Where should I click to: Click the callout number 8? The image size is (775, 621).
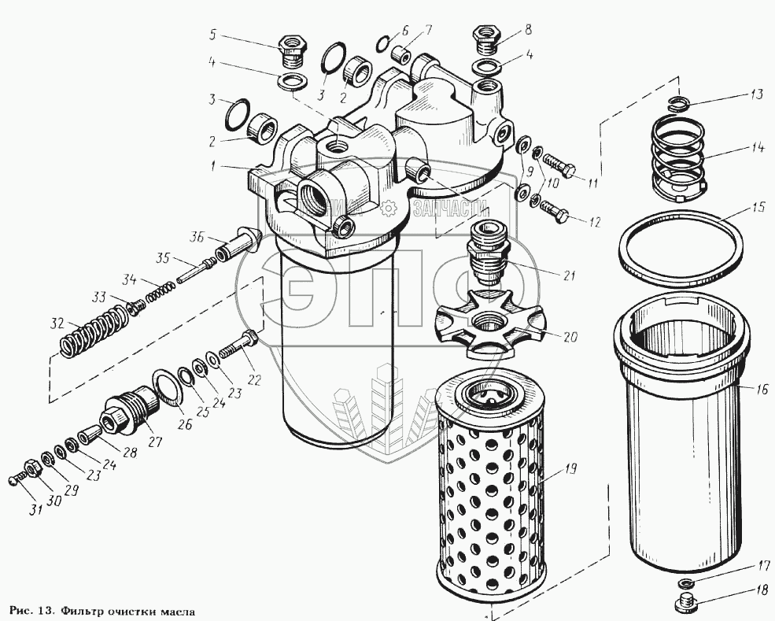pos(528,29)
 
